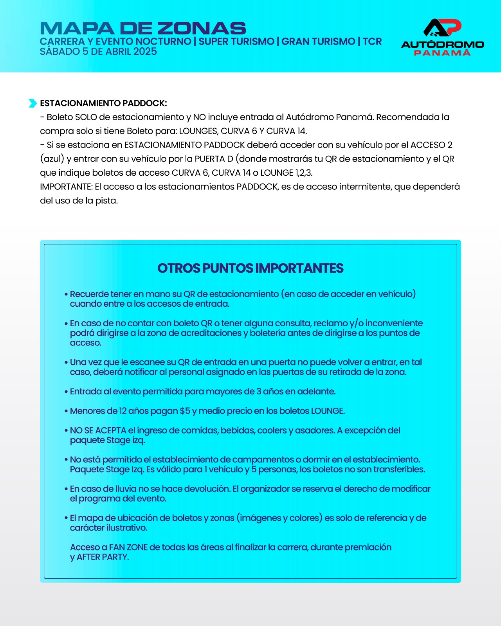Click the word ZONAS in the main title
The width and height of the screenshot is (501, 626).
(201, 29)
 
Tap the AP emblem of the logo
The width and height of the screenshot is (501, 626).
(442, 27)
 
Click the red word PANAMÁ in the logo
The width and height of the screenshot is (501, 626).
(442, 53)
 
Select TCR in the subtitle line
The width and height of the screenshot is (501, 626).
(372, 41)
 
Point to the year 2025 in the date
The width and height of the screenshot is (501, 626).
(145, 52)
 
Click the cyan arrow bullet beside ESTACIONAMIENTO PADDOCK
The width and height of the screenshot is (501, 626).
(32, 103)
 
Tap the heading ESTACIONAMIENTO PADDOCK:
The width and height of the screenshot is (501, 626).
(103, 103)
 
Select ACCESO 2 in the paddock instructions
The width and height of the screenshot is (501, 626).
(431, 145)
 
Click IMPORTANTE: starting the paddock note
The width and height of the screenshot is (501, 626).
(66, 187)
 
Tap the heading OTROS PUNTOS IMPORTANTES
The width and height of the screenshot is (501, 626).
(250, 268)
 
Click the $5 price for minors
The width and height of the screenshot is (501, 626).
(185, 411)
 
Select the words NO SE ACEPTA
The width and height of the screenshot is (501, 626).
(98, 430)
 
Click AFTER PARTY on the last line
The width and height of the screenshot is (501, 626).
(103, 557)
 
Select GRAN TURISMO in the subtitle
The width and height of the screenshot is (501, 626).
(318, 41)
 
